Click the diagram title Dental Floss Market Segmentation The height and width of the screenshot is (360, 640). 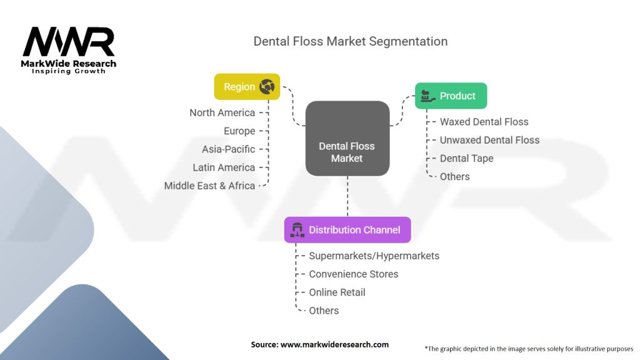[x=350, y=41]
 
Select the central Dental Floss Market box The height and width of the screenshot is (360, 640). [x=347, y=138]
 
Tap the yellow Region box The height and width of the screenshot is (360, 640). [x=247, y=87]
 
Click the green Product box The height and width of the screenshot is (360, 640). [x=451, y=96]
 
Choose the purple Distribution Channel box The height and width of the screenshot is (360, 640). [x=347, y=229]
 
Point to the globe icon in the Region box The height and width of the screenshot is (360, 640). [x=267, y=87]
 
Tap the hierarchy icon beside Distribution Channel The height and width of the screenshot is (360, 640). [x=297, y=230]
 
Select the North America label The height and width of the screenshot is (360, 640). [x=222, y=112]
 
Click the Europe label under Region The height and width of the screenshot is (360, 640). [x=239, y=131]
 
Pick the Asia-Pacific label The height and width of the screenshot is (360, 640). [x=229, y=149]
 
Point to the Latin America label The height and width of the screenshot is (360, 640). [x=224, y=167]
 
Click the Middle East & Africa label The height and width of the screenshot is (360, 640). [x=209, y=186]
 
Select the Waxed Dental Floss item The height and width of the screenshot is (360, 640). [x=484, y=122]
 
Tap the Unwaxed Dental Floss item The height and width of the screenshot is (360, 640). [x=489, y=140]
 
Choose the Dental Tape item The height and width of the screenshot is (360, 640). [x=466, y=158]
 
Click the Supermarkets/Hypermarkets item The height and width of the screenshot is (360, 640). [x=374, y=256]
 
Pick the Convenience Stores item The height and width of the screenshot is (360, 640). [x=353, y=274]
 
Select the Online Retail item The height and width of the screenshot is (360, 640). [x=337, y=292]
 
